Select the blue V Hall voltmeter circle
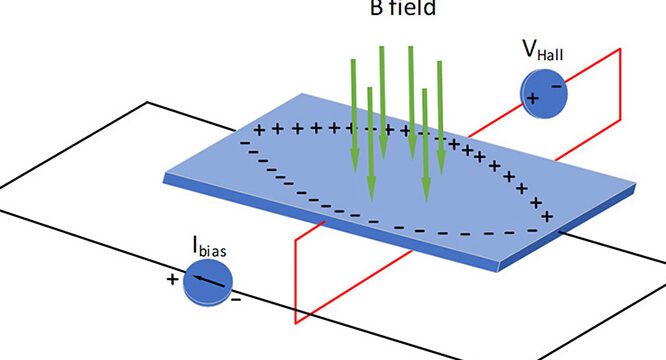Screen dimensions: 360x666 tap(543, 93)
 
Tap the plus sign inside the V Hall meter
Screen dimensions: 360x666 tap(532, 98)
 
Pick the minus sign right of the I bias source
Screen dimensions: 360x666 tap(235, 297)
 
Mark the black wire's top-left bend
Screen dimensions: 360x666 tap(148, 102)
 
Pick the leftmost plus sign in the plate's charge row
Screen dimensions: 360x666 tap(258, 131)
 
